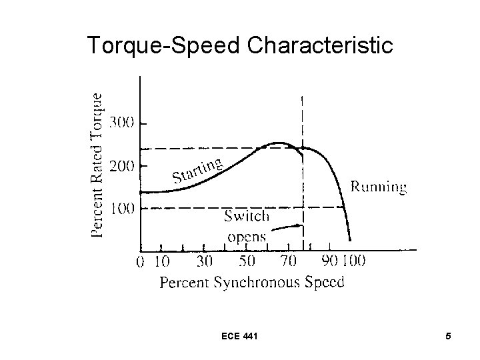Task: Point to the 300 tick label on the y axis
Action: click(x=122, y=123)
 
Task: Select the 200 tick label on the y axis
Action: click(x=122, y=165)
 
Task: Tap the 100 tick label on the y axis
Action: click(x=122, y=209)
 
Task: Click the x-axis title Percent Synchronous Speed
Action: click(x=252, y=282)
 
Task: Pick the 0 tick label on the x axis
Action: click(x=140, y=261)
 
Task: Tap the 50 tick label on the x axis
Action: click(x=247, y=261)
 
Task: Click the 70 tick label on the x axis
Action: click(x=289, y=261)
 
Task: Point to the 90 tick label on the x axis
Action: click(x=331, y=261)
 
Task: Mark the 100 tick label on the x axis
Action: click(x=353, y=261)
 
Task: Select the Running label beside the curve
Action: click(x=378, y=187)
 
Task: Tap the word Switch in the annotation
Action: click(x=247, y=216)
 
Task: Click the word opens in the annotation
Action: click(x=247, y=236)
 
